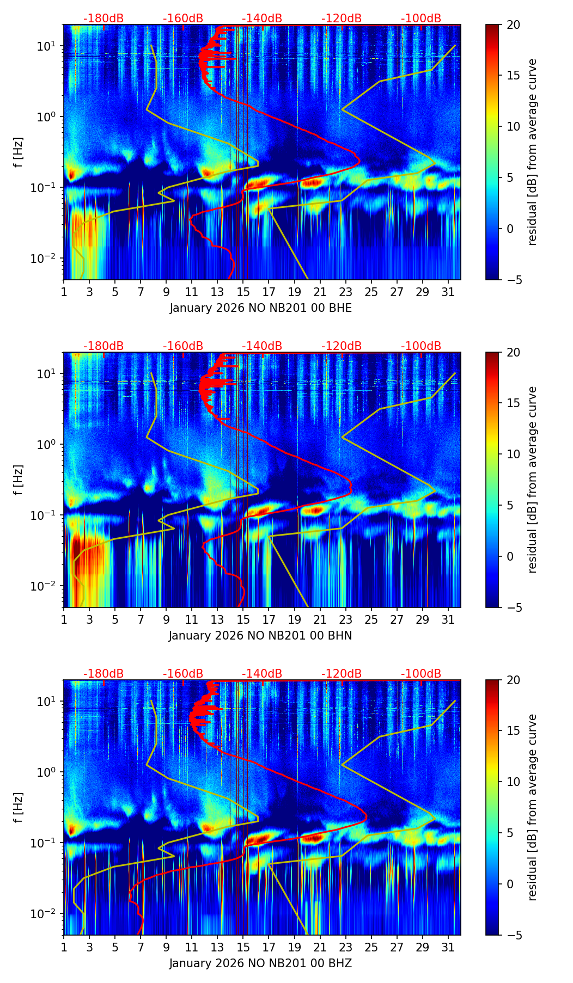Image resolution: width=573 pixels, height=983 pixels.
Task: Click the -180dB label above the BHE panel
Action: (x=103, y=19)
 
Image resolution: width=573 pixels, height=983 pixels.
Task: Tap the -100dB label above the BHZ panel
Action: (x=421, y=674)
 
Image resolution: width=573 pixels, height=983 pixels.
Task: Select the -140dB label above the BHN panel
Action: (x=262, y=346)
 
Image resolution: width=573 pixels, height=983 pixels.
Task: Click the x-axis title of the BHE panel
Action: (x=260, y=308)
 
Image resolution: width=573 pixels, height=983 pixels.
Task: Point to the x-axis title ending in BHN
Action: (x=260, y=636)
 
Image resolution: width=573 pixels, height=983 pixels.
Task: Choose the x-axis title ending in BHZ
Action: (x=260, y=963)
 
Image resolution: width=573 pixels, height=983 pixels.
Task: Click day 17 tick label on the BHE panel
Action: (x=269, y=292)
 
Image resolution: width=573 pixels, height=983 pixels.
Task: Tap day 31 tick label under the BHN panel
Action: (x=448, y=619)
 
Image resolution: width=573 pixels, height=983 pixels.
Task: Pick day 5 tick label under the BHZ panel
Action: (x=115, y=947)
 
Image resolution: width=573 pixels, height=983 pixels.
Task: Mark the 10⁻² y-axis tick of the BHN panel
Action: (x=48, y=586)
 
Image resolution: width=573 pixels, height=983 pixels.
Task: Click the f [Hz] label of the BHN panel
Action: (x=19, y=480)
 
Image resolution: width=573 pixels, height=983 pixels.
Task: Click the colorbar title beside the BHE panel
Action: (x=532, y=152)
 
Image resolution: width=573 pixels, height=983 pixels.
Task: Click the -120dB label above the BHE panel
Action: (x=342, y=19)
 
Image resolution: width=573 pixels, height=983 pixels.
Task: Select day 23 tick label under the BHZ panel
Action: (x=345, y=947)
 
